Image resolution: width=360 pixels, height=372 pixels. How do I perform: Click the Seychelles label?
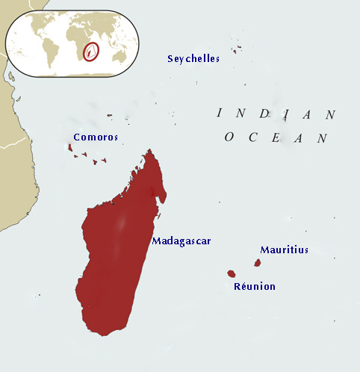coord(193,59)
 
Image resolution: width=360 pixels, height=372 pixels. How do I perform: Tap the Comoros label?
coord(96,137)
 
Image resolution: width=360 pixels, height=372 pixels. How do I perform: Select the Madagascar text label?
coord(181,241)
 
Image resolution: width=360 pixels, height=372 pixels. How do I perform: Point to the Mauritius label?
coord(284,250)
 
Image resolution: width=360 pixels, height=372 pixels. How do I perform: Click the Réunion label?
coord(254,287)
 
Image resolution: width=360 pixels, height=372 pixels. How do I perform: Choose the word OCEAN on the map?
coord(276,137)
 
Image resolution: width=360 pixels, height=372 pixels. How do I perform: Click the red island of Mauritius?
coord(258,263)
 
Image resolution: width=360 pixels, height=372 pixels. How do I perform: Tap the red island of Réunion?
coord(232,274)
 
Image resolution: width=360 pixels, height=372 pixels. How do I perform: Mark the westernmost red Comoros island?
coord(70,148)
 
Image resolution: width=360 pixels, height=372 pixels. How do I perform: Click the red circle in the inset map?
coord(91,52)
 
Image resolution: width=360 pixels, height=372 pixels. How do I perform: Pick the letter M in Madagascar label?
coord(155,241)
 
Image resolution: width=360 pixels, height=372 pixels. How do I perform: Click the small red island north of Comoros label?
coord(110,115)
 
